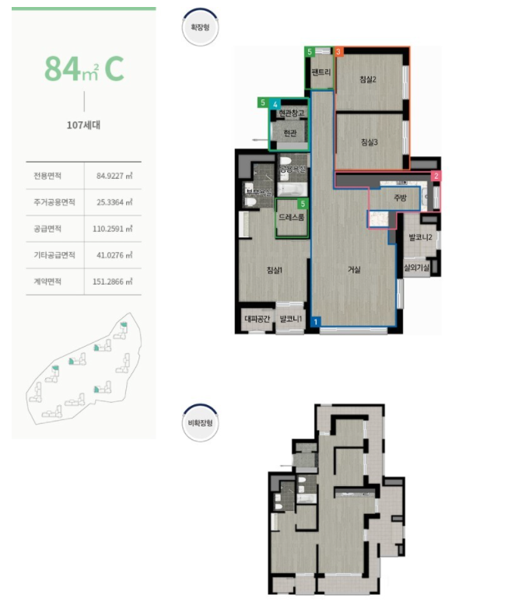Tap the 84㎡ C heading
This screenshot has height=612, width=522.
[84, 68]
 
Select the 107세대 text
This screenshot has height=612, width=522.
[84, 124]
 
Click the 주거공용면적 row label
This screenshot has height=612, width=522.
[48, 201]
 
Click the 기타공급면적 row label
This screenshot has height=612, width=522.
[48, 255]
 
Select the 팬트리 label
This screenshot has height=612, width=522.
[321, 73]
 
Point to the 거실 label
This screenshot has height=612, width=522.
[355, 270]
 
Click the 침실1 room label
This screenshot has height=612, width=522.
[274, 270]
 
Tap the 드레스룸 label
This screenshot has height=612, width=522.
[291, 219]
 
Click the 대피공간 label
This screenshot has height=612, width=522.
[255, 319]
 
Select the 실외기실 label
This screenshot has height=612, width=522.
[417, 267]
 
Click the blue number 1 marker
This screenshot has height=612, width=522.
[316, 320]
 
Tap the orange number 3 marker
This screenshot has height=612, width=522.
[339, 51]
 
